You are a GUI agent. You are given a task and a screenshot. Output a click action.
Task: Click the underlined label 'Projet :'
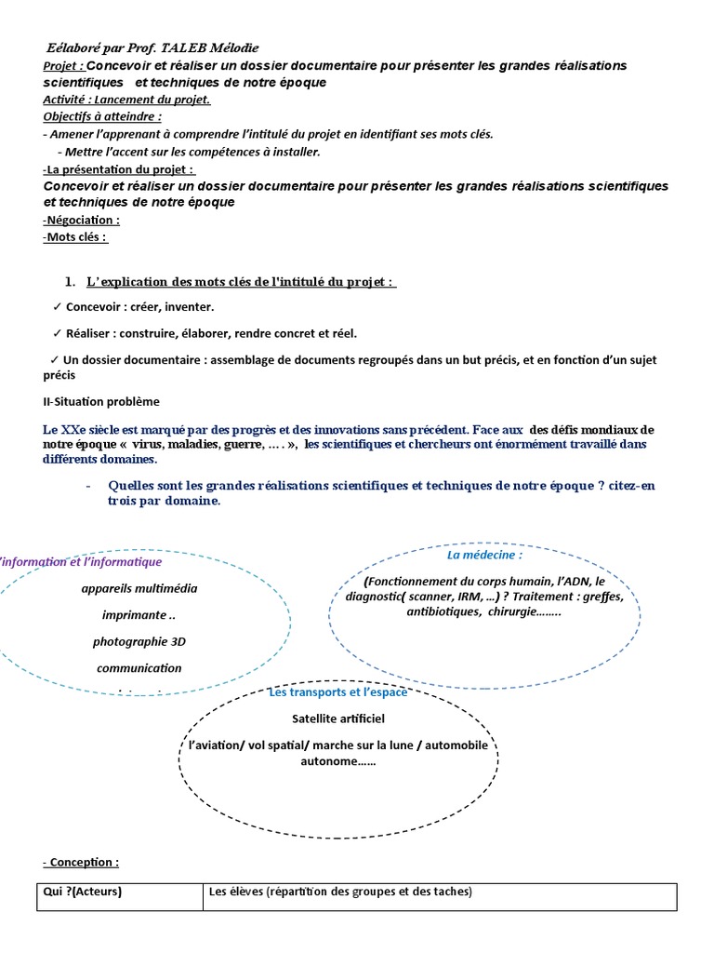(x=63, y=66)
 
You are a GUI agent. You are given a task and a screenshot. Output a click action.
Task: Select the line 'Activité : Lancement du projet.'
(x=126, y=100)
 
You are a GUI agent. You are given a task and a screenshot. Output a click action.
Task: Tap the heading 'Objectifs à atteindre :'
(x=102, y=116)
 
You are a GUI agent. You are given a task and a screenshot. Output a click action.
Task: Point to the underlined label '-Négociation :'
(x=81, y=221)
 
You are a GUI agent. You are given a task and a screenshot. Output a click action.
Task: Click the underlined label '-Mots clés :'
(x=74, y=237)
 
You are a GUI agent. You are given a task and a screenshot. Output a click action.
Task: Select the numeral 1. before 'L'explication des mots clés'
(x=70, y=282)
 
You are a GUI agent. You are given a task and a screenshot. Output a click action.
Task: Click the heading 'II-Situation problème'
(x=100, y=402)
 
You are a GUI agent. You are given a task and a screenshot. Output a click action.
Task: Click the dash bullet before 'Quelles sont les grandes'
(x=88, y=486)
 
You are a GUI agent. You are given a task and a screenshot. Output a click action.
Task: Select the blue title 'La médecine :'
(x=484, y=556)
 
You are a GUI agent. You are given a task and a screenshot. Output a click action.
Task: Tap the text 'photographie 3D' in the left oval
(x=139, y=642)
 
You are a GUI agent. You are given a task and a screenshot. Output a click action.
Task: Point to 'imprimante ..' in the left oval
(x=139, y=615)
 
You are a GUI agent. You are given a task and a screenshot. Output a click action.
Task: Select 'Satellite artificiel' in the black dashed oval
(x=337, y=719)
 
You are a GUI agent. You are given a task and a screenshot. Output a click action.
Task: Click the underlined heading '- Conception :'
(x=81, y=863)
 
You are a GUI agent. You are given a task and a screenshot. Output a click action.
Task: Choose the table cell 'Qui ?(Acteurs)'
(x=84, y=893)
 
